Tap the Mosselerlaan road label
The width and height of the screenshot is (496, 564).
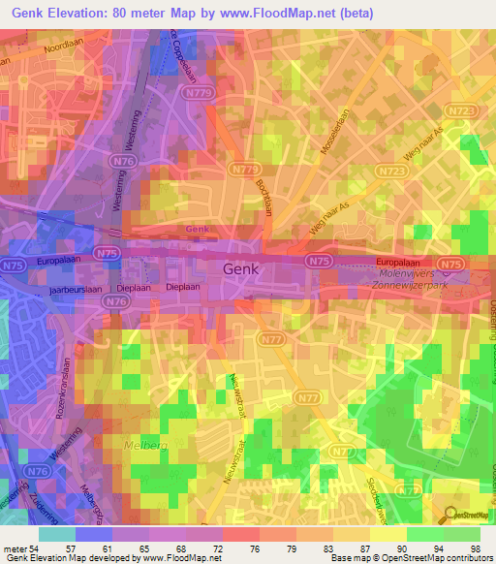(332, 134)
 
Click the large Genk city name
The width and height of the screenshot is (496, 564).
(241, 270)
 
